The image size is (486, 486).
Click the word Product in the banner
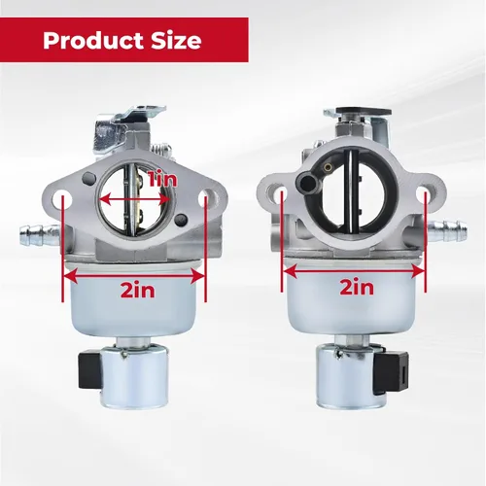(x=93, y=41)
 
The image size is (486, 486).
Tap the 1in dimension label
(x=162, y=179)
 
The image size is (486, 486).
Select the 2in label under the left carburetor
(x=138, y=290)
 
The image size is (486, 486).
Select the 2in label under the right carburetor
(x=357, y=287)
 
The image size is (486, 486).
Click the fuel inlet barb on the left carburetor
(x=40, y=232)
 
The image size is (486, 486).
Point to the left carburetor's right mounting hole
(x=206, y=197)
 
